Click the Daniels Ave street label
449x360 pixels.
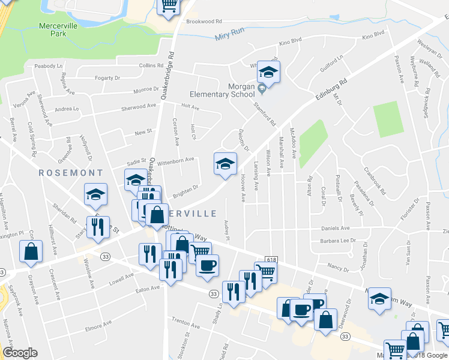[336, 228]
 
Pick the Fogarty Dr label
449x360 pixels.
[108, 78]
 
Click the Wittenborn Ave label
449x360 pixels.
[176, 160]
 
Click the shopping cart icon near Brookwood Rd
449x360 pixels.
[169, 5]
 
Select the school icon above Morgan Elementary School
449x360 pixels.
[268, 73]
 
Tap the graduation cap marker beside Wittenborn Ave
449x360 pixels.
[225, 164]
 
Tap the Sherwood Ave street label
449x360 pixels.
[139, 106]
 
